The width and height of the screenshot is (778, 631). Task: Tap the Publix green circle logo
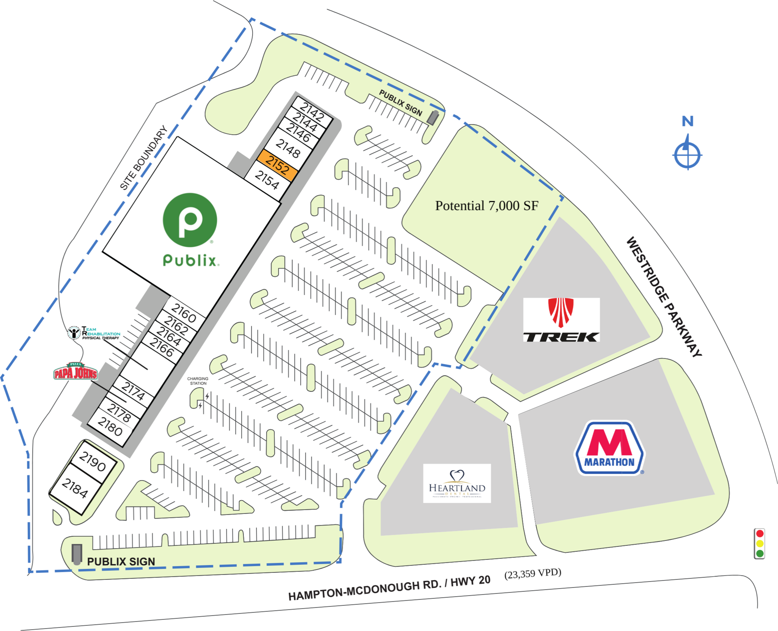coord(190,220)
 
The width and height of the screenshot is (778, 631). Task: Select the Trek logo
coord(561,320)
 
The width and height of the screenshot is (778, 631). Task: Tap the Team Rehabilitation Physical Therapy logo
coord(94,333)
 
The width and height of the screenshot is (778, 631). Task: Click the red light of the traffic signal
coord(760,534)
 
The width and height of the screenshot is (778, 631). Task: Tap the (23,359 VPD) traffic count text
coord(533,574)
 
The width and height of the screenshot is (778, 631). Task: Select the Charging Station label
coord(198,381)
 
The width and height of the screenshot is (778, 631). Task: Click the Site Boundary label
coord(144,157)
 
